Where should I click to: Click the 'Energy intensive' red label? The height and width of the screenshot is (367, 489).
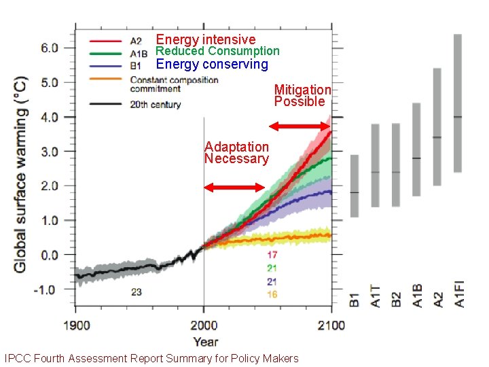[x=206, y=39]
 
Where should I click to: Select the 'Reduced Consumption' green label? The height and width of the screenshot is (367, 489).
[x=217, y=51]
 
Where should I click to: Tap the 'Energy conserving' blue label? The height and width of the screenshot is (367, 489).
[x=212, y=65]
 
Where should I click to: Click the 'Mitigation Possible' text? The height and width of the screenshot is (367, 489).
[x=302, y=95]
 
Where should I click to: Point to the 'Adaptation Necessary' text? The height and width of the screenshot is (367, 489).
[x=236, y=153]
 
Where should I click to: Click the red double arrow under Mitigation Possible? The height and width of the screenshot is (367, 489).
[x=300, y=126]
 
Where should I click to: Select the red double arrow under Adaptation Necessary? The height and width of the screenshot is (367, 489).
[x=234, y=188]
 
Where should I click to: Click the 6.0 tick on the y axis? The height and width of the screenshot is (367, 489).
[x=50, y=48]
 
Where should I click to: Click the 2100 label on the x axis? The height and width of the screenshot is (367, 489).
[x=331, y=326]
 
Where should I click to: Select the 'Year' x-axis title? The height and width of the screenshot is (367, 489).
[x=204, y=341]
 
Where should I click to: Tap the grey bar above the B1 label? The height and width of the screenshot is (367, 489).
[x=354, y=186]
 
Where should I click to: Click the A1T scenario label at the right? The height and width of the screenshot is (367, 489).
[x=376, y=295]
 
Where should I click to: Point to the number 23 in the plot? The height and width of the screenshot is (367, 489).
[x=137, y=292]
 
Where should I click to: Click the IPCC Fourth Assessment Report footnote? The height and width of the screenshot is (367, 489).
[x=151, y=358]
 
